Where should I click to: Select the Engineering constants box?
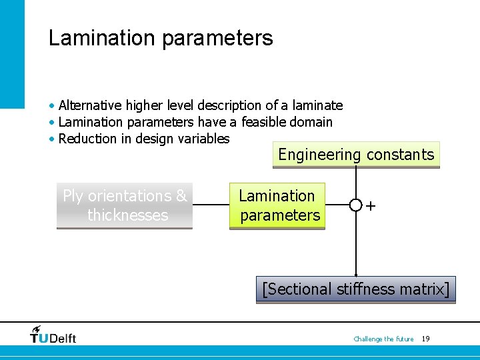(356, 155)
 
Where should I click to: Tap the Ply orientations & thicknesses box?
(125, 205)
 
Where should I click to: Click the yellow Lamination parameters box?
(277, 205)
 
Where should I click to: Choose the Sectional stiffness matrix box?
(356, 289)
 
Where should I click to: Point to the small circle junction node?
(356, 205)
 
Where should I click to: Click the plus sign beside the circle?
(371, 205)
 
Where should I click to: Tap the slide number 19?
(425, 339)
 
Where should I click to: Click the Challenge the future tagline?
(383, 339)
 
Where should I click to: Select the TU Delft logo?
(53, 335)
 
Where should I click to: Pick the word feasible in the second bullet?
(263, 122)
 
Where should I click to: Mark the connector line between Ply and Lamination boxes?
(211, 205)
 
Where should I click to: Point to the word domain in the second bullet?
(311, 122)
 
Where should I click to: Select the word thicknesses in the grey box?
(127, 215)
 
